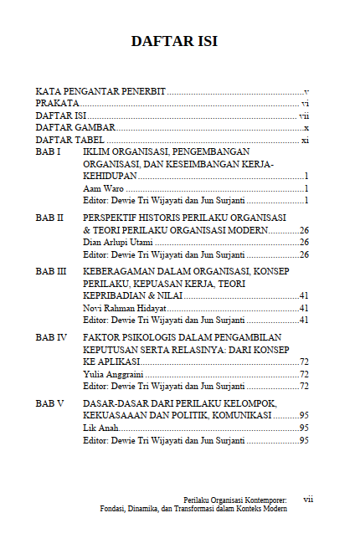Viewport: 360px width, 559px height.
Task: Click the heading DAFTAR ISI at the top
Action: [180, 41]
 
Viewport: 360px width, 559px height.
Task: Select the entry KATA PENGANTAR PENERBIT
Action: [100, 90]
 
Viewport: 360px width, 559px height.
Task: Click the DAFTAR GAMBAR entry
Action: [75, 128]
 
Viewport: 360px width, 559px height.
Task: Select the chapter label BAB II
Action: [49, 218]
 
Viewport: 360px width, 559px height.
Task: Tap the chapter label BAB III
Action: [51, 272]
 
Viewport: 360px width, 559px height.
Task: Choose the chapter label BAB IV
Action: [51, 337]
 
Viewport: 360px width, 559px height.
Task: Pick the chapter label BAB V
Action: [49, 403]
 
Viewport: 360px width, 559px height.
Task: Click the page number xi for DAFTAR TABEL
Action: [305, 141]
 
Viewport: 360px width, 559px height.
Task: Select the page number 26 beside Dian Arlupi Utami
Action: [304, 243]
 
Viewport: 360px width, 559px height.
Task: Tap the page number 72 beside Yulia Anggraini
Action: [304, 374]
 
